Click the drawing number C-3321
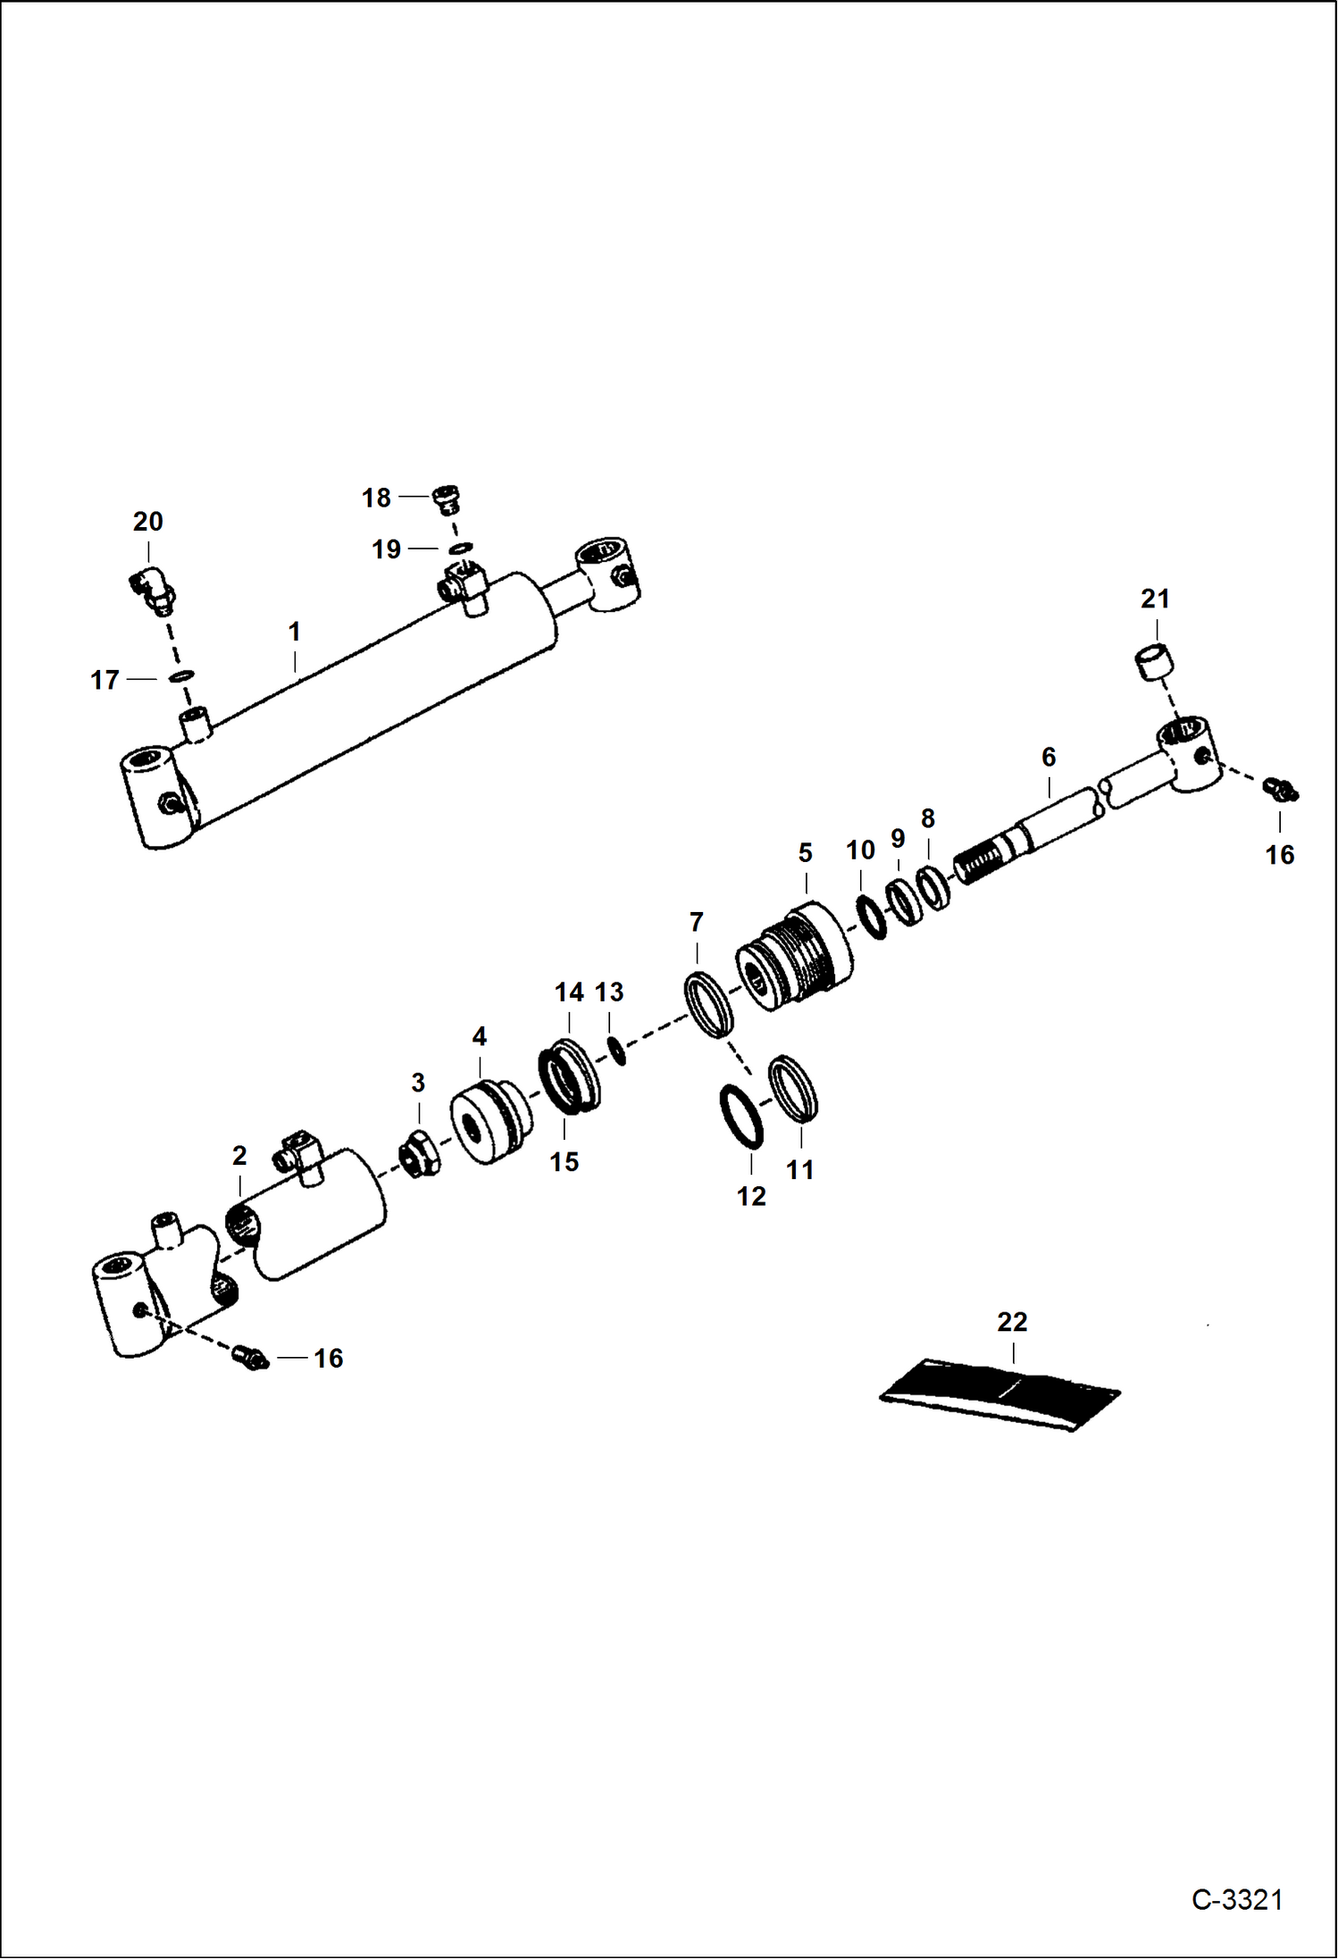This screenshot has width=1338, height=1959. click(x=1236, y=1900)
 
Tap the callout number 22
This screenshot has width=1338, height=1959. click(x=1012, y=1321)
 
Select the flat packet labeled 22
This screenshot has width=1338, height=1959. click(x=1000, y=1394)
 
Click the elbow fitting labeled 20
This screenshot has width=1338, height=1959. click(x=152, y=590)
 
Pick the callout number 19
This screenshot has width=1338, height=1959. click(x=386, y=549)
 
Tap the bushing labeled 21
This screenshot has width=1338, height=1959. click(x=1154, y=663)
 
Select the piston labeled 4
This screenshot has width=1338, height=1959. click(x=489, y=1122)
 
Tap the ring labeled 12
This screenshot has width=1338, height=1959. click(x=741, y=1117)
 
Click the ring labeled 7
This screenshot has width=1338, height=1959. click(x=709, y=1005)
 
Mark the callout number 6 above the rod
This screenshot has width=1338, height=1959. click(x=1049, y=758)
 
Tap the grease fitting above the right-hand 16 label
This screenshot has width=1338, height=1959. click(x=1280, y=788)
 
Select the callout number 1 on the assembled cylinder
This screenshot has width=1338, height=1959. click(x=294, y=632)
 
